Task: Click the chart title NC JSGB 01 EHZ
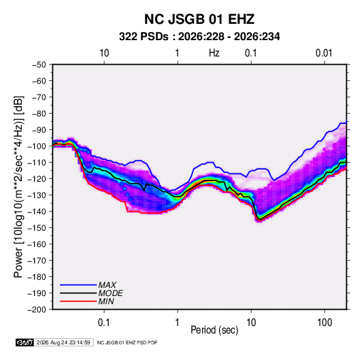point(199,19)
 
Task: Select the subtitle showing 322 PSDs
point(199,37)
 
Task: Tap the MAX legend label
point(107,285)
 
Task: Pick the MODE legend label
point(110,293)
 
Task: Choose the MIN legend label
point(106,301)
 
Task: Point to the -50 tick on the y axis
point(39,65)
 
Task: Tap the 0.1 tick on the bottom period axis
point(104,323)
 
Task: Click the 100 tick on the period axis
point(325,323)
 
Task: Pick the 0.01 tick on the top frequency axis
point(324,53)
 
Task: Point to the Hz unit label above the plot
point(214,53)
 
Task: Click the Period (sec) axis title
point(214,330)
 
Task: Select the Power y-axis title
point(18,187)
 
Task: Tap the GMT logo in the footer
point(25,342)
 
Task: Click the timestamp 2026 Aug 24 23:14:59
point(63,342)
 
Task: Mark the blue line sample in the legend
point(78,285)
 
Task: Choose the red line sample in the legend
point(78,301)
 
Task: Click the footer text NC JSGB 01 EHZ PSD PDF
point(127,342)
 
